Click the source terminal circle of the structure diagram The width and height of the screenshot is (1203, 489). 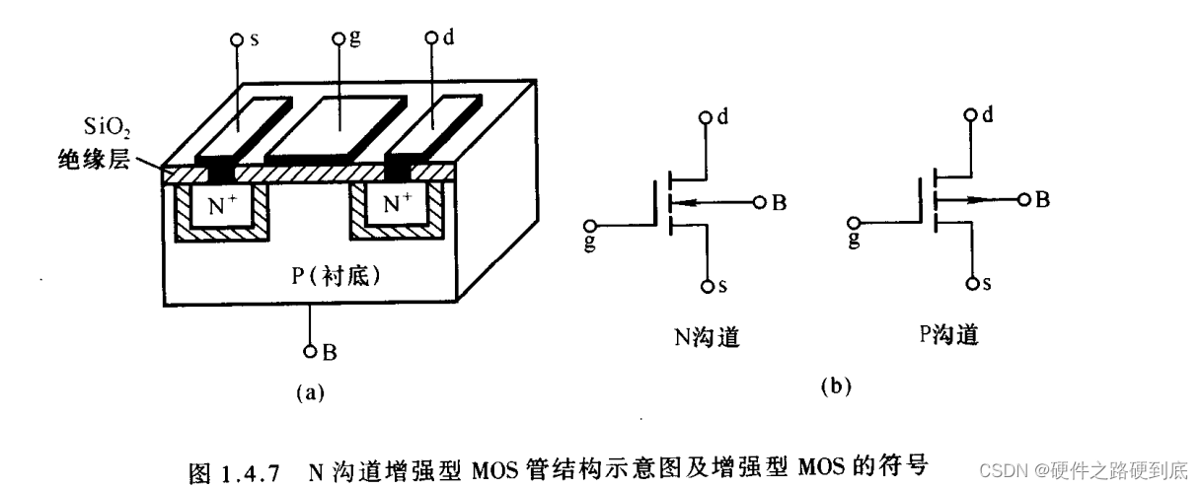pyautogui.click(x=237, y=40)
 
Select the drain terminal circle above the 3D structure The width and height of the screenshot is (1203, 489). pyautogui.click(x=431, y=39)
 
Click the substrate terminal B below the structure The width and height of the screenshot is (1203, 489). pyautogui.click(x=310, y=350)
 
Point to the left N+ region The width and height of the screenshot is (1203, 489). pyautogui.click(x=221, y=207)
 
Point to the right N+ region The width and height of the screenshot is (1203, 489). pyautogui.click(x=397, y=205)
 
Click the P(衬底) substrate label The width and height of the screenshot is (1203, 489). pyautogui.click(x=337, y=276)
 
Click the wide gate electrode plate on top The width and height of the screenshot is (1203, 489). pyautogui.click(x=338, y=125)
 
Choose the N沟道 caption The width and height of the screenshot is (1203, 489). pyautogui.click(x=706, y=338)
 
